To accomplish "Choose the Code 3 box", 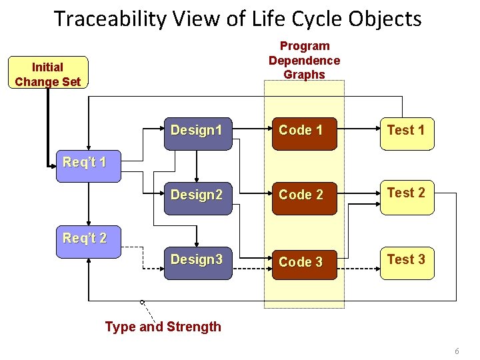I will [301, 262].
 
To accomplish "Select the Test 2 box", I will [405, 195].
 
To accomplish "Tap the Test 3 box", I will [405, 261].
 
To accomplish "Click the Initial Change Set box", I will [48, 73].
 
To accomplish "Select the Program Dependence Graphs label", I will [304, 60].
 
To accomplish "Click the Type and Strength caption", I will [163, 327].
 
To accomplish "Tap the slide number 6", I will [457, 351].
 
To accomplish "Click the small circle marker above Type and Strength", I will [142, 303].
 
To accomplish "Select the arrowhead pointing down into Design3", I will [197, 242].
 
